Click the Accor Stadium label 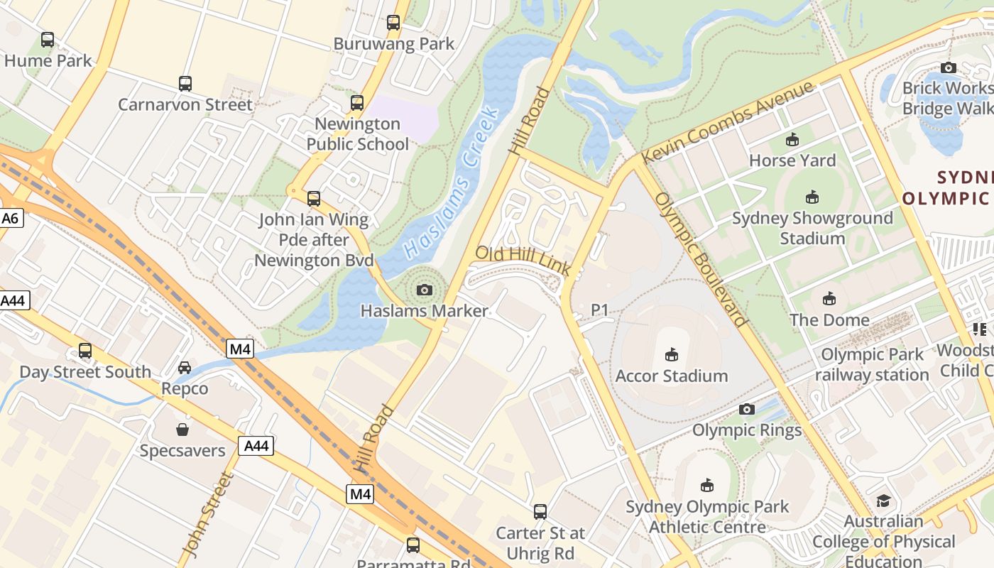(672, 376)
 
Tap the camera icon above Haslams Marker (425, 290)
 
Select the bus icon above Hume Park (48, 40)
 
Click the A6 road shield (10, 218)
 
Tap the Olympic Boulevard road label (701, 259)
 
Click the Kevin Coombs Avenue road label (727, 123)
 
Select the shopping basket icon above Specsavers (182, 430)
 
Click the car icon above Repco (185, 368)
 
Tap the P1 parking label (600, 310)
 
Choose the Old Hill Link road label (523, 261)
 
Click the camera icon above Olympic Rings (746, 409)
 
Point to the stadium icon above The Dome (829, 298)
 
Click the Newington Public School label (357, 133)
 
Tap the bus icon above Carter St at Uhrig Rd (540, 511)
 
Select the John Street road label (207, 515)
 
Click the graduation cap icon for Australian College (883, 501)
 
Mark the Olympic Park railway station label (872, 364)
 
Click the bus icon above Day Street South (85, 350)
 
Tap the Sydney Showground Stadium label (812, 227)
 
